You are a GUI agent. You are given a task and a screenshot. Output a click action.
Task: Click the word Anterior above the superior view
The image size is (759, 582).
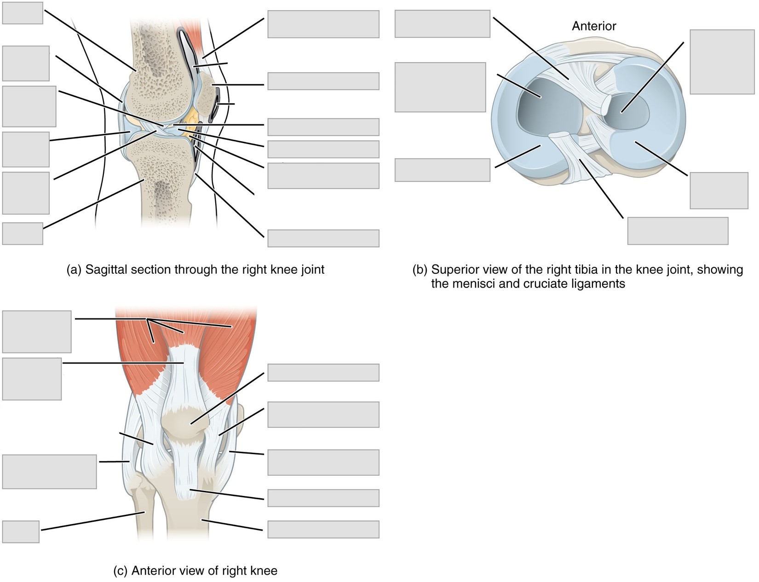(594, 26)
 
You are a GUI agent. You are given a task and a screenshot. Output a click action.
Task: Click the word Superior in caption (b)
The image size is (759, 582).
(454, 270)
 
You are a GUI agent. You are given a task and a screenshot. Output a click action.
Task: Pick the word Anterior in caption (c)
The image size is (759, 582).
(154, 570)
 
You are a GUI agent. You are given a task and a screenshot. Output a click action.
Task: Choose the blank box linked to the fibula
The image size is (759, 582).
(21, 532)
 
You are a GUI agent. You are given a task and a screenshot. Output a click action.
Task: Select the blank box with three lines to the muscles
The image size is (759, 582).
(37, 332)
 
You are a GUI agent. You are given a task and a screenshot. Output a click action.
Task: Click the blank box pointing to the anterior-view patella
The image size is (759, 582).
(323, 372)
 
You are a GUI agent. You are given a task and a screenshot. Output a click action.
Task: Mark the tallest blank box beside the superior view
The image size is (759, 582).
(722, 62)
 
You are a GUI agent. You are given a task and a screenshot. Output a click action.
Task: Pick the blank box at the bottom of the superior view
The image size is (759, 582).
(678, 231)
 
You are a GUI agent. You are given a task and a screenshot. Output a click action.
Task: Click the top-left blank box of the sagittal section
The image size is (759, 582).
(23, 13)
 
